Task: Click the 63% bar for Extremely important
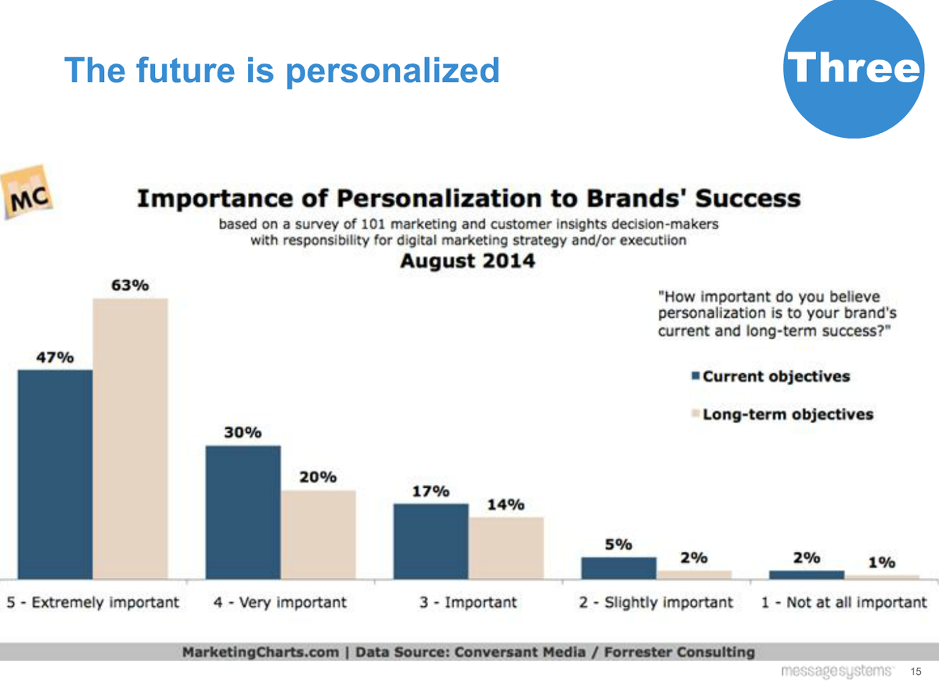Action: coord(131,438)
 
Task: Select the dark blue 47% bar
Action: coord(55,474)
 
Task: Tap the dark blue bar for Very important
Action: coord(243,512)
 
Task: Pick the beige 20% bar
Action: coord(318,534)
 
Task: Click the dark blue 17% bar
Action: coord(430,541)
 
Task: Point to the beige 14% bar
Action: coord(505,547)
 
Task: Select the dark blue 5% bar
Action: coord(618,568)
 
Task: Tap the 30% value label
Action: coord(243,433)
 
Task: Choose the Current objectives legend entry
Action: coord(770,377)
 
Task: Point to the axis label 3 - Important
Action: coord(467,603)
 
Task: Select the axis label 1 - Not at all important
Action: coord(844,603)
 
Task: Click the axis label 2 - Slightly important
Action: coord(656,603)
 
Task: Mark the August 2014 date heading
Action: coord(467,261)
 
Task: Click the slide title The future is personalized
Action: coord(282,70)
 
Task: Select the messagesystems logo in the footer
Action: coord(836,672)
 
